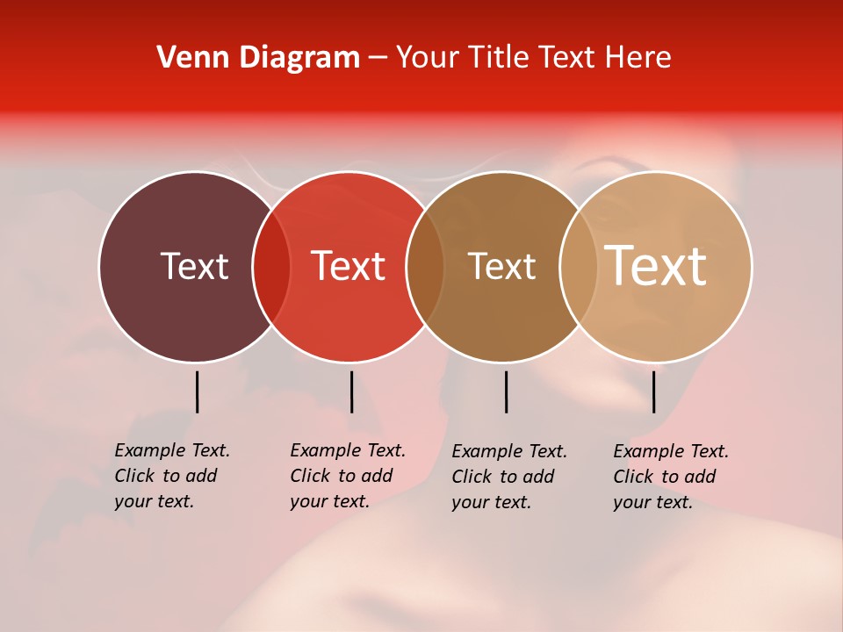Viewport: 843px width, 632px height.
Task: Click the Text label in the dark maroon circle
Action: click(x=194, y=266)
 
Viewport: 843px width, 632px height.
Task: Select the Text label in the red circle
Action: click(x=349, y=266)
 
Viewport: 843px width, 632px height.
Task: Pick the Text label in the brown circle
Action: click(x=501, y=266)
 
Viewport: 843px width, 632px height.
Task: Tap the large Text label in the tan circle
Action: click(x=656, y=266)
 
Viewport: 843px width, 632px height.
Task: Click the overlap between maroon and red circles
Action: click(x=271, y=267)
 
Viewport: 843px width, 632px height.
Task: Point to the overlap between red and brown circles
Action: click(x=425, y=267)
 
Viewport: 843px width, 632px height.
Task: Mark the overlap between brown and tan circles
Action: click(x=579, y=267)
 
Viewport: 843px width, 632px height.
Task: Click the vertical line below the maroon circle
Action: click(x=197, y=391)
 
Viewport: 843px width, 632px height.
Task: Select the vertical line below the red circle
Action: click(x=351, y=391)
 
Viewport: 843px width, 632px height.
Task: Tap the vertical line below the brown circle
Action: click(x=506, y=391)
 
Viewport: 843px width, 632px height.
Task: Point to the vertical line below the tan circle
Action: click(x=653, y=391)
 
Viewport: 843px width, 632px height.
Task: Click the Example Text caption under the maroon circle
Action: click(x=171, y=476)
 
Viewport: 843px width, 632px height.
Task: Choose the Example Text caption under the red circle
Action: click(x=347, y=476)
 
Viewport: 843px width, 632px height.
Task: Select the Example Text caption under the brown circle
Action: click(x=508, y=477)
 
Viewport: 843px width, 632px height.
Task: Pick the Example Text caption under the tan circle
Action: click(x=670, y=477)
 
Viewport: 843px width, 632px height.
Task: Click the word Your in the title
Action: click(x=427, y=57)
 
